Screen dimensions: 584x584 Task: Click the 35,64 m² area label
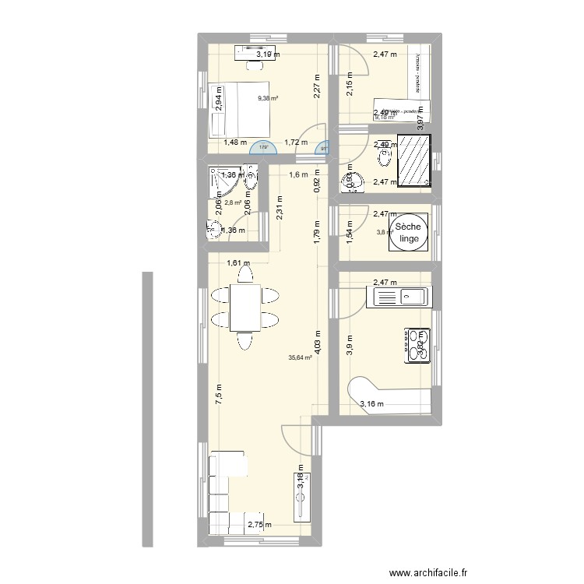tap(300, 358)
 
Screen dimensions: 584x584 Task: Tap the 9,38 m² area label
tap(269, 99)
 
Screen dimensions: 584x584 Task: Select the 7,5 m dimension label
tap(219, 394)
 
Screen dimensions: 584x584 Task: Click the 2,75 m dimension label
tap(260, 526)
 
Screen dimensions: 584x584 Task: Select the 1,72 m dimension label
tap(296, 142)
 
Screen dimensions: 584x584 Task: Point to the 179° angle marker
tap(263, 146)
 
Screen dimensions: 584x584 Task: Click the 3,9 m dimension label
tap(350, 343)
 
